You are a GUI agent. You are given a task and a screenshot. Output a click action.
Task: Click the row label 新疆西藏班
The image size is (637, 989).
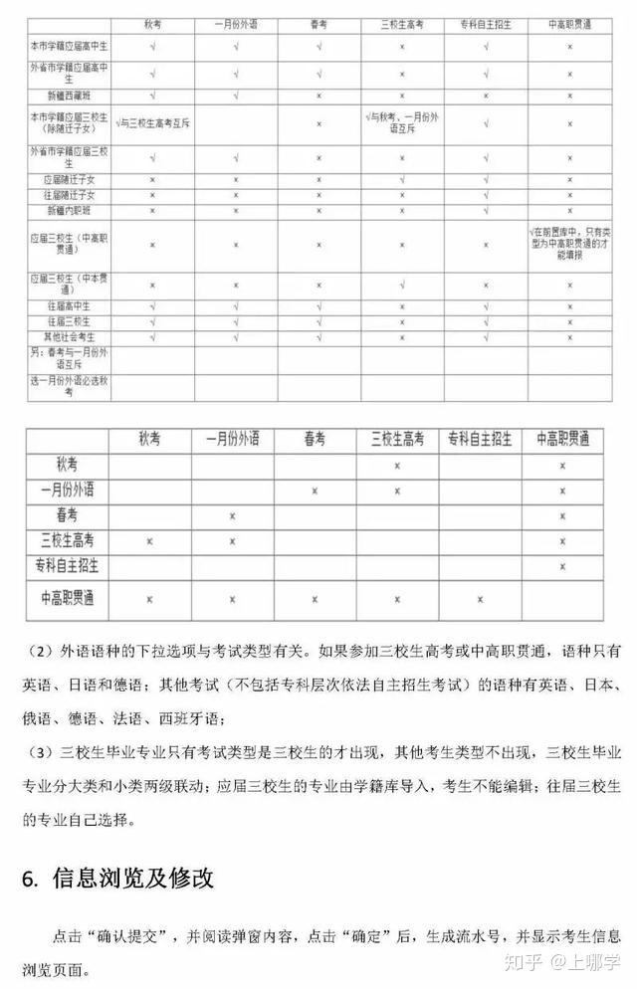pyautogui.click(x=69, y=96)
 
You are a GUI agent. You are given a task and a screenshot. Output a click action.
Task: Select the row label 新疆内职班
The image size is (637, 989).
pyautogui.click(x=69, y=211)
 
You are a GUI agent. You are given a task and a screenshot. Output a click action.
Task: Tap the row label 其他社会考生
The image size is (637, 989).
pyautogui.click(x=69, y=337)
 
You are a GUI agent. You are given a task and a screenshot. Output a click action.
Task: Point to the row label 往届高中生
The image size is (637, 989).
pyautogui.click(x=69, y=306)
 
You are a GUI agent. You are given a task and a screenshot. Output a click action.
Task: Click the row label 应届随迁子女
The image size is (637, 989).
pyautogui.click(x=69, y=180)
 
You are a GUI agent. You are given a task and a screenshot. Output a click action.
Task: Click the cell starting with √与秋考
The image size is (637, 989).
pyautogui.click(x=402, y=122)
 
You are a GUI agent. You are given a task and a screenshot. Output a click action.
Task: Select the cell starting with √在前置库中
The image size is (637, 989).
pyautogui.click(x=569, y=243)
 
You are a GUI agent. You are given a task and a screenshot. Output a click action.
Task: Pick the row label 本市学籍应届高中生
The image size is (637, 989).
pyautogui.click(x=69, y=46)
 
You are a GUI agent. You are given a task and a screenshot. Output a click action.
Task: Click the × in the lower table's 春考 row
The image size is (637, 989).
pyautogui.click(x=232, y=515)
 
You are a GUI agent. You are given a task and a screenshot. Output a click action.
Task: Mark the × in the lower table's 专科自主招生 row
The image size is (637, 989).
pyautogui.click(x=562, y=566)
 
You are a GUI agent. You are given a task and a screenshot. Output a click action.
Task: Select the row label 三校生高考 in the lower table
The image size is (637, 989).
pyautogui.click(x=67, y=540)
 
